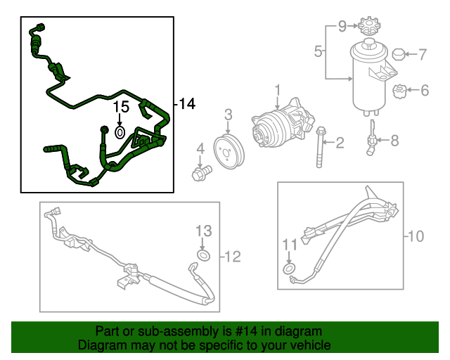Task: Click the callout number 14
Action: click(x=187, y=105)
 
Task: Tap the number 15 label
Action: click(x=121, y=108)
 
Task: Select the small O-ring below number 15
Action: click(x=120, y=131)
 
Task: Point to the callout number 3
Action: click(x=229, y=115)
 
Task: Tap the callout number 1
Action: click(x=277, y=90)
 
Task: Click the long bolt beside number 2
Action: click(x=321, y=147)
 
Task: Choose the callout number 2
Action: click(x=340, y=143)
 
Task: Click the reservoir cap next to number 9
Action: click(x=366, y=30)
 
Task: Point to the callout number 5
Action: click(x=318, y=51)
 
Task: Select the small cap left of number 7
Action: click(x=398, y=53)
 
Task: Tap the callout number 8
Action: click(x=394, y=141)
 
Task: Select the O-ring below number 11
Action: click(x=289, y=269)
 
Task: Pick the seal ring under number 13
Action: click(x=203, y=255)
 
